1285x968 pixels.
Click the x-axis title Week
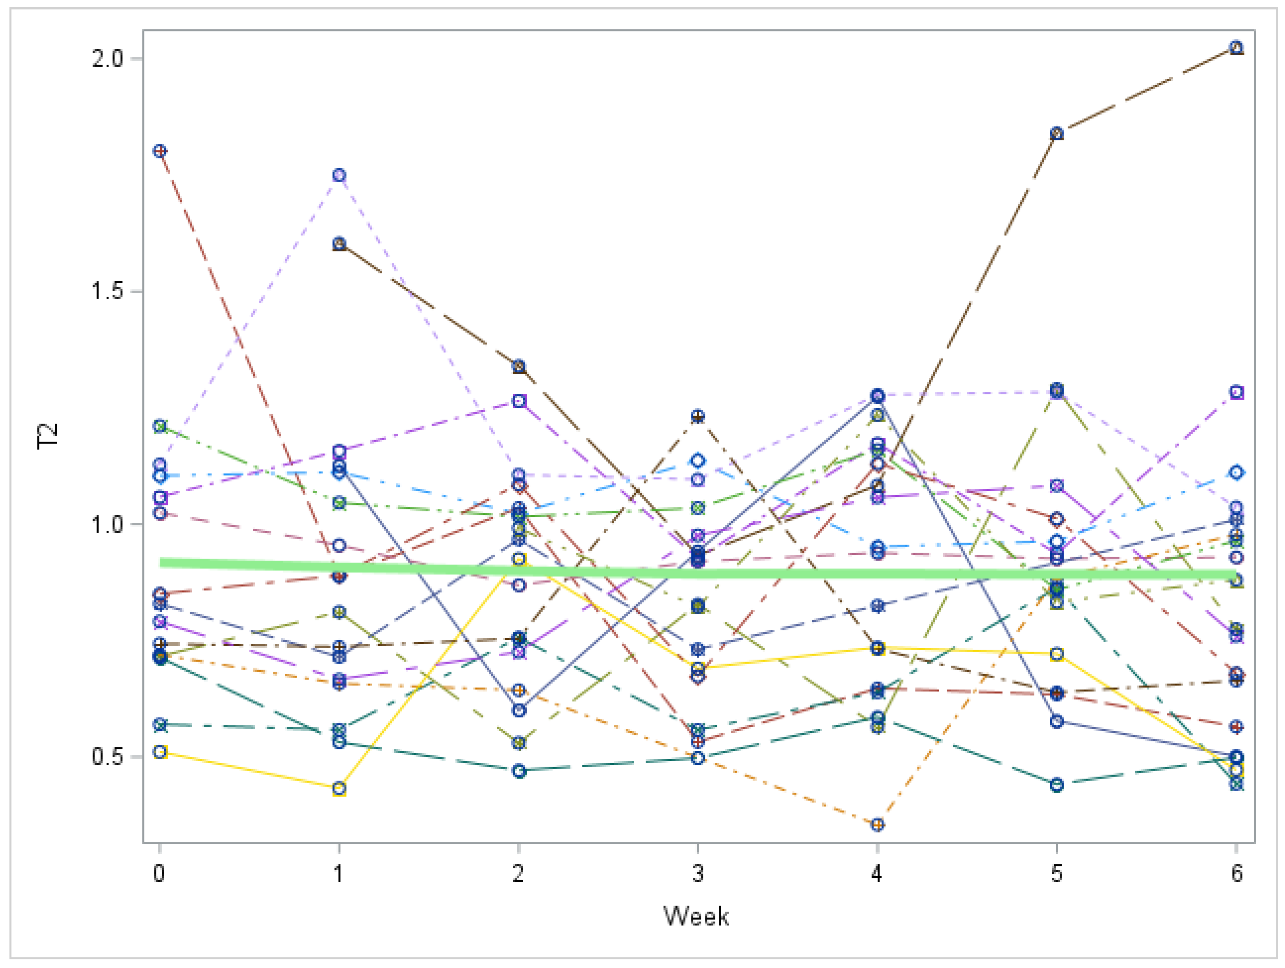[x=696, y=916]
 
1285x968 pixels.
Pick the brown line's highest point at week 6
[x=1237, y=48]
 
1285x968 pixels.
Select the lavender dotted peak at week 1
[x=339, y=175]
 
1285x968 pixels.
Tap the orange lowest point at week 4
[x=877, y=825]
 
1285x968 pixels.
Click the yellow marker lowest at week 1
[x=339, y=788]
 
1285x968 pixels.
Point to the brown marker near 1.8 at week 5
[x=1057, y=134]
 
